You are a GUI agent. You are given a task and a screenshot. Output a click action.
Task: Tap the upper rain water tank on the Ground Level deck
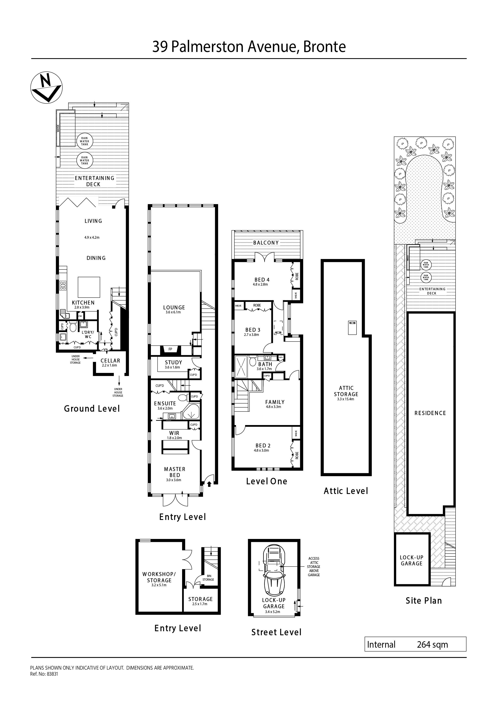point(85,141)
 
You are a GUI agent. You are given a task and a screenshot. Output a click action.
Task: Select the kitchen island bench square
point(89,287)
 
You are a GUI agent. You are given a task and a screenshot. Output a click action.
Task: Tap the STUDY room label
point(173,362)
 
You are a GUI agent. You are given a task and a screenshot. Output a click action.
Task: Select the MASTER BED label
point(175,472)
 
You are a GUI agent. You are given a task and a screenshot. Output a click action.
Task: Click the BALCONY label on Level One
point(266,243)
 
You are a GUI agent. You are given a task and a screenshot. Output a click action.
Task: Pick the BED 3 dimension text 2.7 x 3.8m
point(252,334)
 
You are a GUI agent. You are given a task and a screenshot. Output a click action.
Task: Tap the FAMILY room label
point(275,402)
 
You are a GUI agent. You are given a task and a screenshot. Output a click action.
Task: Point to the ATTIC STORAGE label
point(346,391)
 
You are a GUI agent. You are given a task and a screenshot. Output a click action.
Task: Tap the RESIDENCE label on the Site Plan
point(430,413)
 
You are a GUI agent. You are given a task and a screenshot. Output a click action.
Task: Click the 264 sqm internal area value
point(432,644)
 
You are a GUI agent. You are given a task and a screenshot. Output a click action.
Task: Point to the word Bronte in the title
point(324,47)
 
